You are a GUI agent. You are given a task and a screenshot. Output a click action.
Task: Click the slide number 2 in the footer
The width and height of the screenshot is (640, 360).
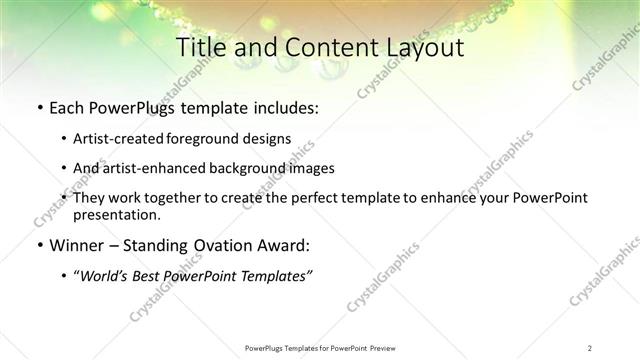coord(589,347)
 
